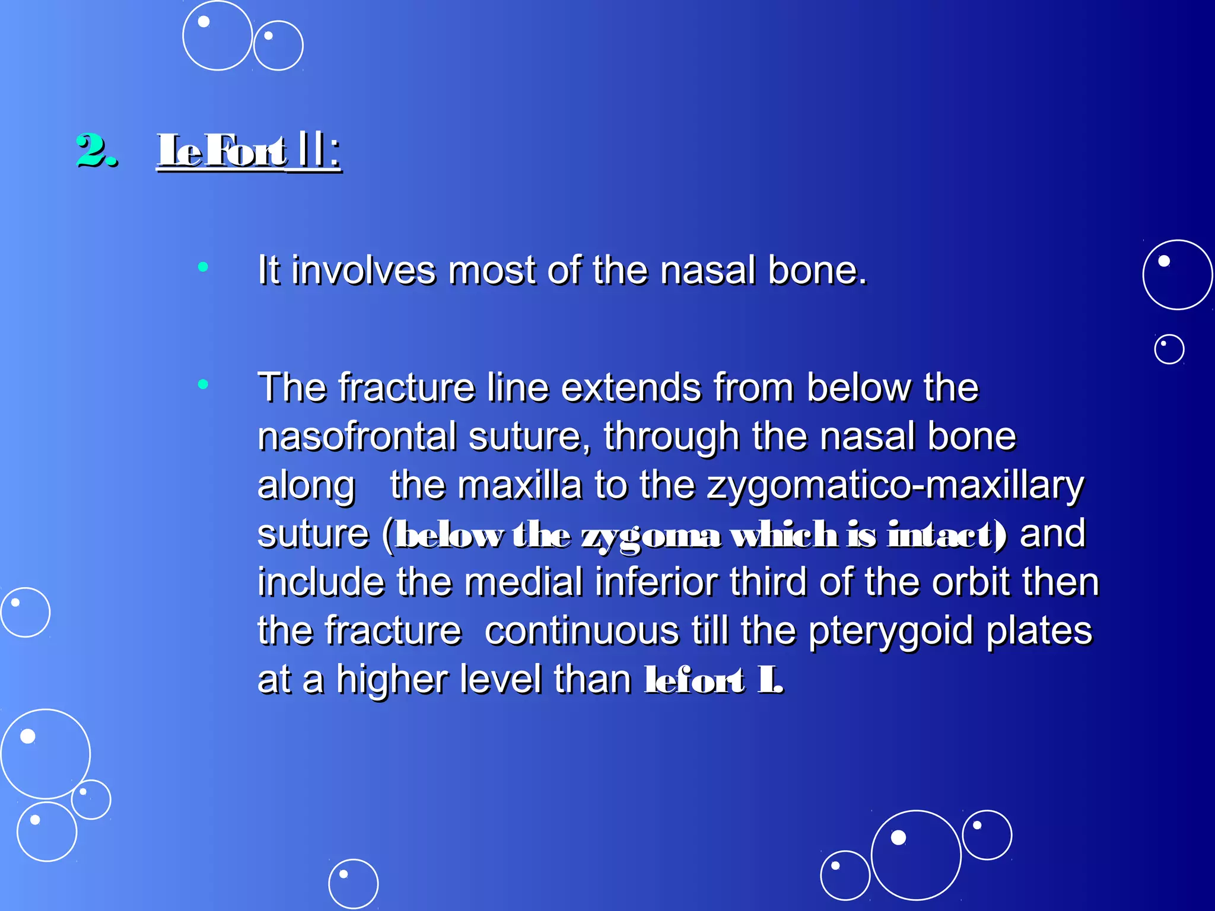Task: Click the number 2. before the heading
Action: tap(96, 151)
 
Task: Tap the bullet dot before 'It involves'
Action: tap(203, 267)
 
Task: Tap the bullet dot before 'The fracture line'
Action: tap(203, 384)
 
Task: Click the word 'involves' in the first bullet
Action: tap(363, 270)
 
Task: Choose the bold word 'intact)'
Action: tap(947, 535)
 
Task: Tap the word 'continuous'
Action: tap(581, 631)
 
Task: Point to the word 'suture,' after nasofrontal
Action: tap(529, 437)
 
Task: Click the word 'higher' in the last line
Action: tap(392, 680)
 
